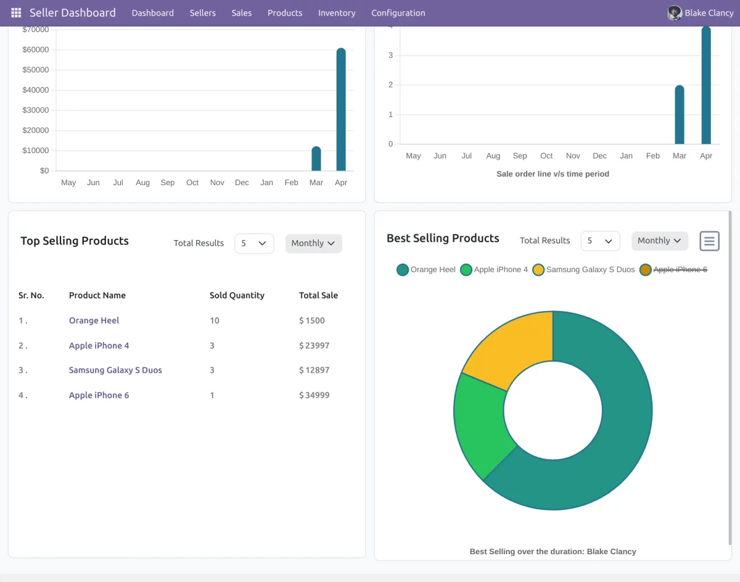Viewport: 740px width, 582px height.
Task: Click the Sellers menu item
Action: click(203, 13)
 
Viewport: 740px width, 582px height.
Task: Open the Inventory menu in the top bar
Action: click(337, 13)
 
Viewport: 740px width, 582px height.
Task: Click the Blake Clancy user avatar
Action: click(675, 13)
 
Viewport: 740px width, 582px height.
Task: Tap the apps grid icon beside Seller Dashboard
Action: click(16, 13)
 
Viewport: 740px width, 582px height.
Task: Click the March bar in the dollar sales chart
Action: click(316, 159)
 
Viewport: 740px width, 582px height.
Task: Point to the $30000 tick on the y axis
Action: click(35, 110)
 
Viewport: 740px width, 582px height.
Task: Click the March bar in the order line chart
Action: click(680, 115)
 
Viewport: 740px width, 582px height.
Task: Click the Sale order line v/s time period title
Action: click(553, 174)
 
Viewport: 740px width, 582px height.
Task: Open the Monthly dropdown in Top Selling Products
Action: click(313, 243)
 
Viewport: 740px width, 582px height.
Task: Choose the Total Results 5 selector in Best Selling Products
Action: click(600, 241)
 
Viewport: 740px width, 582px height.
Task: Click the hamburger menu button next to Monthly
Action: click(709, 241)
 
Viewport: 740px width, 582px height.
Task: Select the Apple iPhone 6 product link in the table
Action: click(99, 395)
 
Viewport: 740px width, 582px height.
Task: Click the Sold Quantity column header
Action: click(237, 296)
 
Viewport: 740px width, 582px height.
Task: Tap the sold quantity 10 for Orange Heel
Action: click(214, 320)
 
